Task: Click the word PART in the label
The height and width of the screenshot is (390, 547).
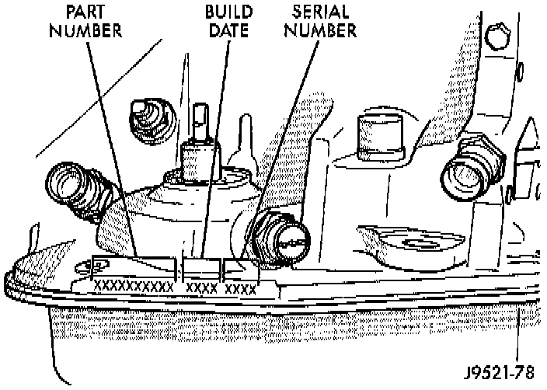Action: [x=87, y=12]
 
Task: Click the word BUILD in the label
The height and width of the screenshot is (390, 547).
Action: [x=227, y=12]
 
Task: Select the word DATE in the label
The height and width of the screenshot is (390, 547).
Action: [x=227, y=31]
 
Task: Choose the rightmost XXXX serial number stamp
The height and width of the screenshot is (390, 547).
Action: [x=240, y=289]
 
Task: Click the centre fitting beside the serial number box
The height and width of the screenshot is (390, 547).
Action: [x=279, y=236]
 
